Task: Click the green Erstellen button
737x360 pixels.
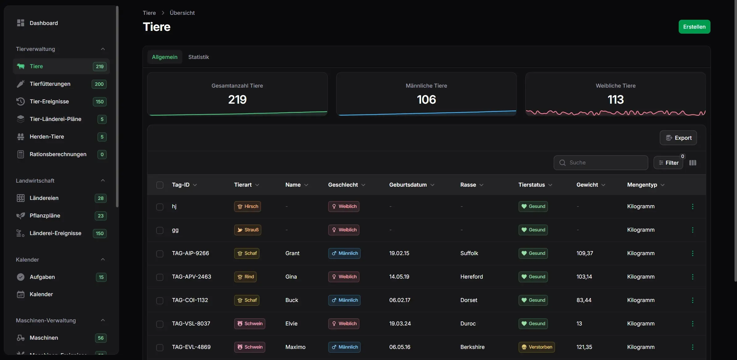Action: click(694, 27)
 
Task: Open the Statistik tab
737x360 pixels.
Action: click(198, 57)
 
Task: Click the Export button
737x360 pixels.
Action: click(678, 138)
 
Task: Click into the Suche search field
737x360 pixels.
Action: click(601, 163)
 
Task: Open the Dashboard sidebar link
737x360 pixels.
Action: click(43, 23)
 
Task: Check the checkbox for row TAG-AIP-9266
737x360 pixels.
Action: click(160, 254)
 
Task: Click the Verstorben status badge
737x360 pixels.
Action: click(536, 347)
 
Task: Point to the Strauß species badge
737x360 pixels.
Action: click(247, 230)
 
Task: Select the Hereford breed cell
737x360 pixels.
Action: click(471, 277)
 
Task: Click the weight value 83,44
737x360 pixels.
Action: click(584, 300)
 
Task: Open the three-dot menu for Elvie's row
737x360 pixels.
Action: click(693, 324)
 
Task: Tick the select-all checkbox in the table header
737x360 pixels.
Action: click(160, 185)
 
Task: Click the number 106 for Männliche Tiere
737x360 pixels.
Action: click(426, 99)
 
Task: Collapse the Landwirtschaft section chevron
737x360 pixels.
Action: click(103, 180)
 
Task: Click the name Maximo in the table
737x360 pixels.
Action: click(295, 347)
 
